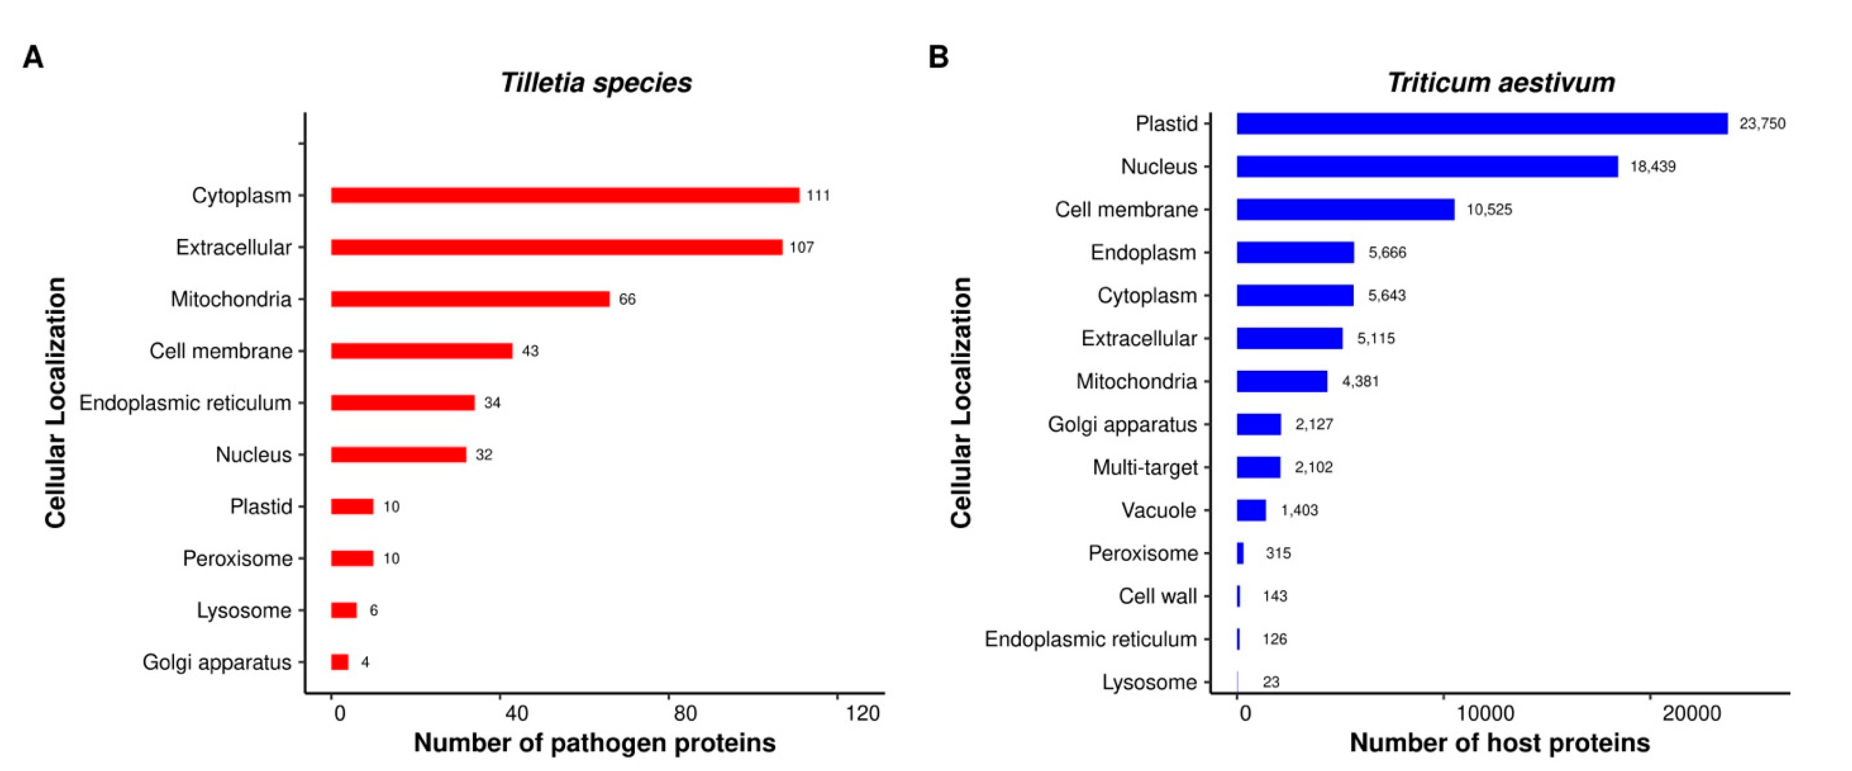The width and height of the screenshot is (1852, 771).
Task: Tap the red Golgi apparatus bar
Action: [339, 662]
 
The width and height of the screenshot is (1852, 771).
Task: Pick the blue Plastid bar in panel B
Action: [1481, 124]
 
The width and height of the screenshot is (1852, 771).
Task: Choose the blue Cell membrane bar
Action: [1344, 209]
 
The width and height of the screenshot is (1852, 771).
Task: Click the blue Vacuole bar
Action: [1251, 510]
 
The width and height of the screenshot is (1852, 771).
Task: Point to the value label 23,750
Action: [1761, 124]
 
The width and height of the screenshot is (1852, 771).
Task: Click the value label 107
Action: [802, 247]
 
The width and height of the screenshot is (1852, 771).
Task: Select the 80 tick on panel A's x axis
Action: [685, 713]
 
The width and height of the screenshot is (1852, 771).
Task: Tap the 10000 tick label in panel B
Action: [1485, 713]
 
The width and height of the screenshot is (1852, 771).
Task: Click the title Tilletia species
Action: [595, 83]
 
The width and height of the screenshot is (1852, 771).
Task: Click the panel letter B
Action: [938, 57]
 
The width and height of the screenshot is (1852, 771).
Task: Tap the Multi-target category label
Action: [1145, 468]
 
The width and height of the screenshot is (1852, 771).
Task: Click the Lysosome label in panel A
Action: [244, 611]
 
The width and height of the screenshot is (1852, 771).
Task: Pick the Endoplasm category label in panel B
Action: [1143, 252]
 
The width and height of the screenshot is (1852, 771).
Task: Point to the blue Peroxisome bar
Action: [1240, 553]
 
